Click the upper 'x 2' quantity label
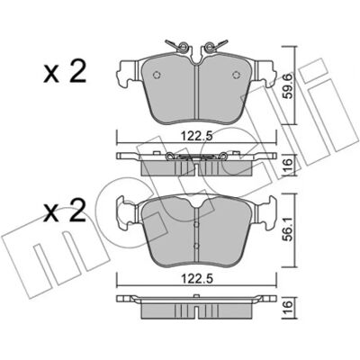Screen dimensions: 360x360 point(65,71)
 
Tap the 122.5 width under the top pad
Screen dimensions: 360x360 point(196,137)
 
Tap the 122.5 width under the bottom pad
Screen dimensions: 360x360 point(196,279)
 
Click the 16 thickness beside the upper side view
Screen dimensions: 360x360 point(287,165)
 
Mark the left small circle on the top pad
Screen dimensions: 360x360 point(157,75)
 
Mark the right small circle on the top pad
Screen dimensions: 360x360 point(237,75)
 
